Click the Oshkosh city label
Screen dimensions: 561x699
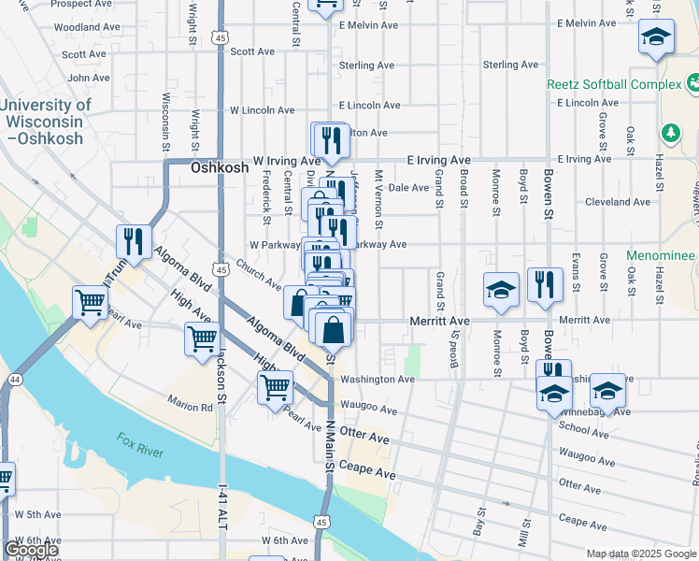pos(220,168)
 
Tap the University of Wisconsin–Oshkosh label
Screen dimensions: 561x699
pos(46,122)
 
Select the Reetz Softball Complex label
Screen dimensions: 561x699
pos(614,85)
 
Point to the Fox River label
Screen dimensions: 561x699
pos(141,444)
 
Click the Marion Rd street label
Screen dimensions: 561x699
pos(191,407)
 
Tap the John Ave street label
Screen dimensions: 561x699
pos(89,78)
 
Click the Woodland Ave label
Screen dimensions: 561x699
pos(84,28)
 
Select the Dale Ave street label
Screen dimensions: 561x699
pos(408,188)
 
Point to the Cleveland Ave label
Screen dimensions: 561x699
pos(616,202)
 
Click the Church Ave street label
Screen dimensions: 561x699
pos(259,273)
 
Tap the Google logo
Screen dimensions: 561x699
pos(32,549)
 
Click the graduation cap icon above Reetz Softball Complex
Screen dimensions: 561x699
pos(657,38)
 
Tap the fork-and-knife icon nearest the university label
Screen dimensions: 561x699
pos(134,242)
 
